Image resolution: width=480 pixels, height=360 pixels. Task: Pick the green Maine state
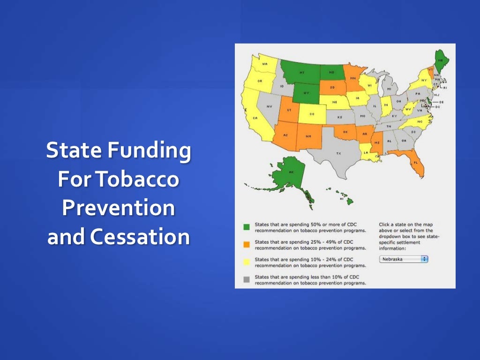[440, 61]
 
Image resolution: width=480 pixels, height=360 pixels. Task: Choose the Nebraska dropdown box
[404, 259]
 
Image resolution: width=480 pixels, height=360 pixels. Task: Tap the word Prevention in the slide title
[118, 209]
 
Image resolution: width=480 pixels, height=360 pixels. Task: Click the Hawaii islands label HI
[342, 199]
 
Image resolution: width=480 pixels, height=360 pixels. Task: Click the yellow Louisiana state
[366, 152]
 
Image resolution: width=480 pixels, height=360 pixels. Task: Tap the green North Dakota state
[332, 72]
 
